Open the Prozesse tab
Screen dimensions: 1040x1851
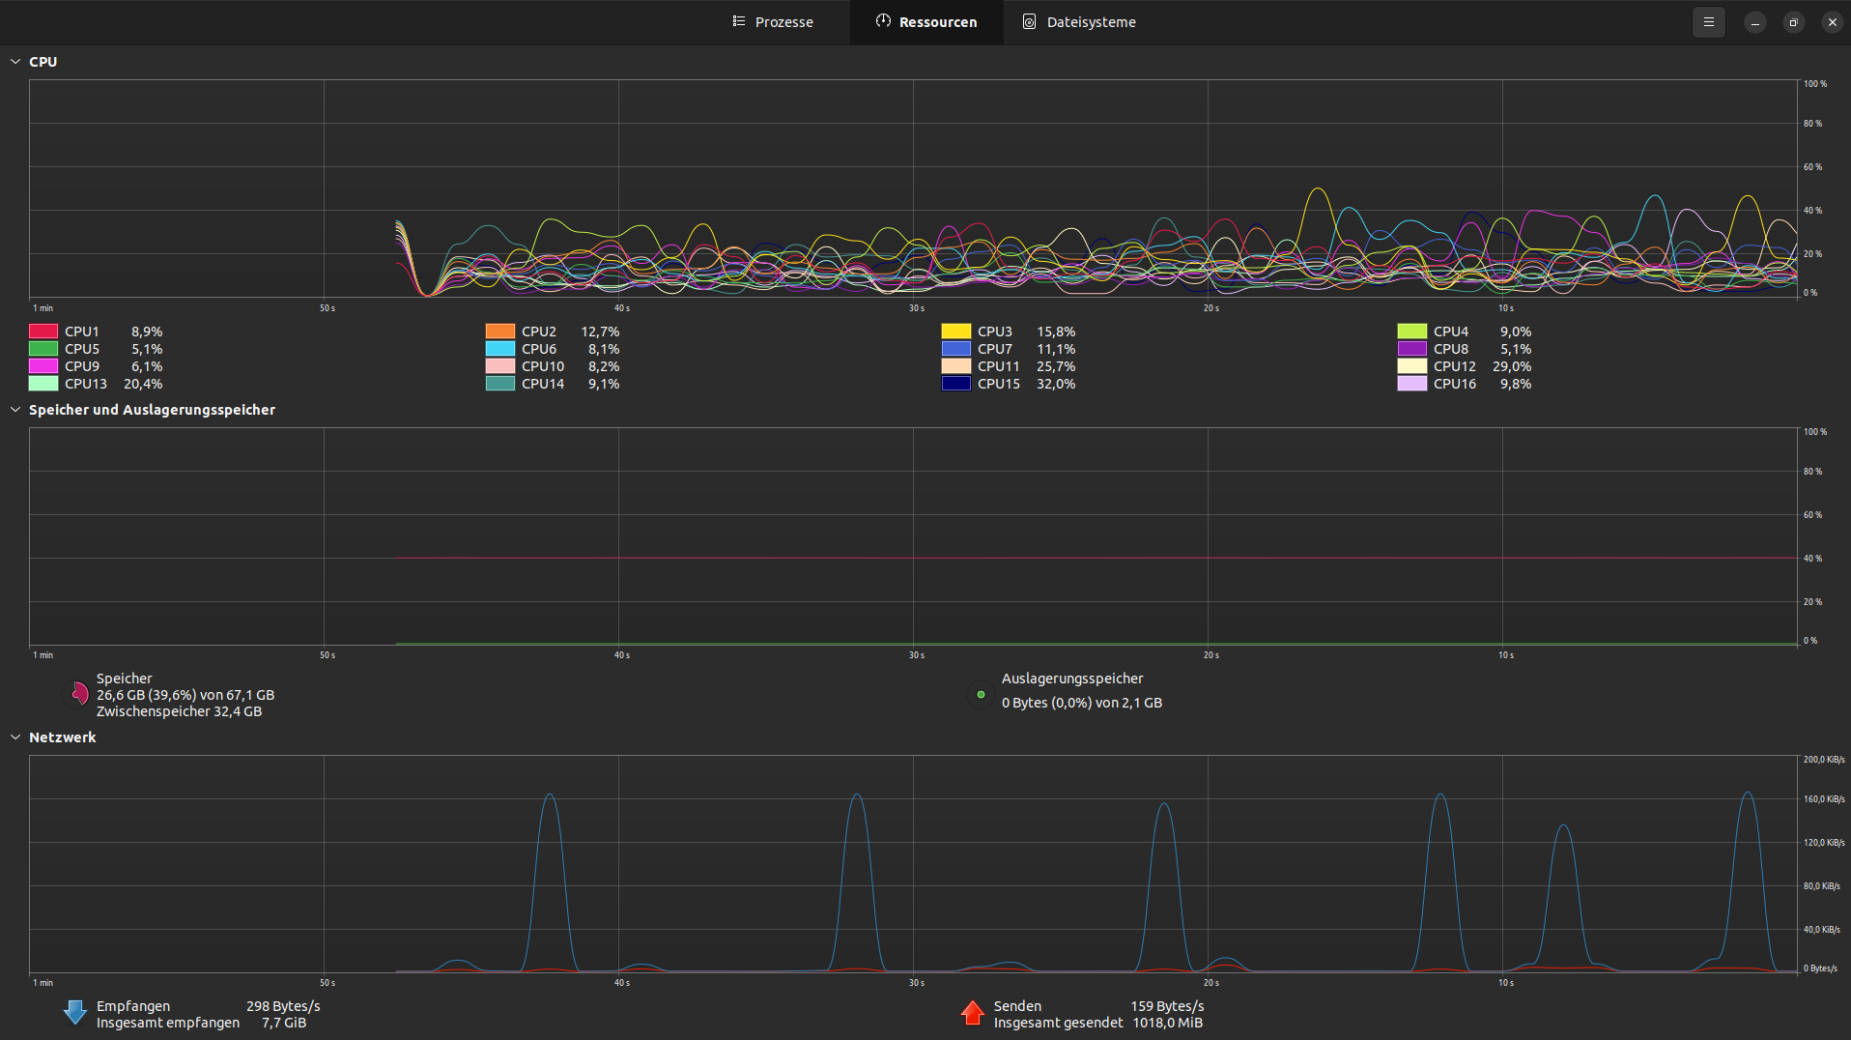coord(773,22)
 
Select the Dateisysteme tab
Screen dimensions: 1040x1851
coord(1079,22)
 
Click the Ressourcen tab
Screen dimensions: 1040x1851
coord(926,22)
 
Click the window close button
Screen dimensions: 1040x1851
coord(1832,22)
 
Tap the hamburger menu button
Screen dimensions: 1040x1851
coord(1708,22)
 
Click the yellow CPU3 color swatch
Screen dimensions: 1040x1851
coord(955,332)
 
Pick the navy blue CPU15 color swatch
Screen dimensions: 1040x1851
coord(955,384)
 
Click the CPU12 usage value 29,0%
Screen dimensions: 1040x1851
coord(1511,366)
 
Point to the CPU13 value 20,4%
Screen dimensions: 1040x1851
coord(143,384)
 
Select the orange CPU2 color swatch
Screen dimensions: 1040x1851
coord(499,332)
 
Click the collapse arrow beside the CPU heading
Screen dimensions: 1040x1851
coord(15,62)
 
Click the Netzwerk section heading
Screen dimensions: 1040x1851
coord(62,737)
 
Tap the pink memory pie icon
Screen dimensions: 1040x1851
coord(78,694)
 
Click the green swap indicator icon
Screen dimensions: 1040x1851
coord(981,694)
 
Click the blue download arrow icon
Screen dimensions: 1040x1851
coord(74,1013)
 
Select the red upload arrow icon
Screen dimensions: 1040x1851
coord(972,1013)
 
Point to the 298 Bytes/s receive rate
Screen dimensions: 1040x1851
coord(283,1006)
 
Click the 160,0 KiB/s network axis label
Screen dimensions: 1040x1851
coord(1823,799)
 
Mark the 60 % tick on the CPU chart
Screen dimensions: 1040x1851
coord(1812,167)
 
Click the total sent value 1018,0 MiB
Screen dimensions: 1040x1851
coord(1167,1023)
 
